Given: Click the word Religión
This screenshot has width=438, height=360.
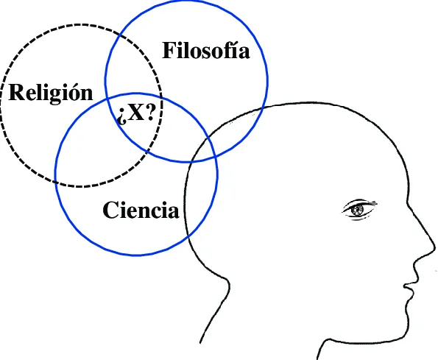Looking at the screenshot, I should coord(51,93).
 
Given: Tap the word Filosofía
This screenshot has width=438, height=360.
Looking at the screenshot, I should coord(205,52).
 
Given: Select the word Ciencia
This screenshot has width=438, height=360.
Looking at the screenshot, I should coord(141,211).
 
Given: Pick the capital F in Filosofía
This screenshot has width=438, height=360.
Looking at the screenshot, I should coord(168,52).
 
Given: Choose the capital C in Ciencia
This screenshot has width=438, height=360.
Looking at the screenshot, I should coord(110,211).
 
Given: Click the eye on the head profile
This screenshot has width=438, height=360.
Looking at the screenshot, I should coord(358,210).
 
